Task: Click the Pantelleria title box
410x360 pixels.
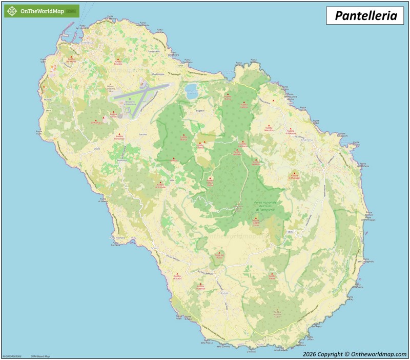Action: point(365,15)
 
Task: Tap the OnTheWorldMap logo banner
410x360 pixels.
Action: point(42,11)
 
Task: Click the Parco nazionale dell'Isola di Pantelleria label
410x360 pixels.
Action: point(266,206)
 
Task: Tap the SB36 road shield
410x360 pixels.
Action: point(290,232)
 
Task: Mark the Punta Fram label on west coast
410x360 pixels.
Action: point(39,132)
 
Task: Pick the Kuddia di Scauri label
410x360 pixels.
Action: point(177,277)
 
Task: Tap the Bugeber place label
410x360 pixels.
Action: point(200,110)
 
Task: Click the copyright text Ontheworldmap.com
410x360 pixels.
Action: point(355,354)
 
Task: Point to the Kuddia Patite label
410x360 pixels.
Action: point(272,277)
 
